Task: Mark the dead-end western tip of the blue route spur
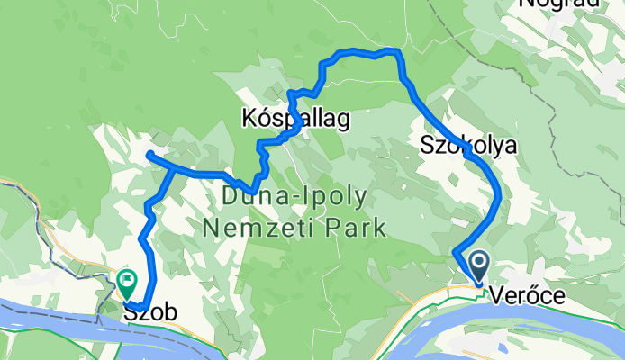(x=147, y=156)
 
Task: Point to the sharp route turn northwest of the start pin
(x=454, y=252)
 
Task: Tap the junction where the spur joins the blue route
(x=175, y=168)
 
